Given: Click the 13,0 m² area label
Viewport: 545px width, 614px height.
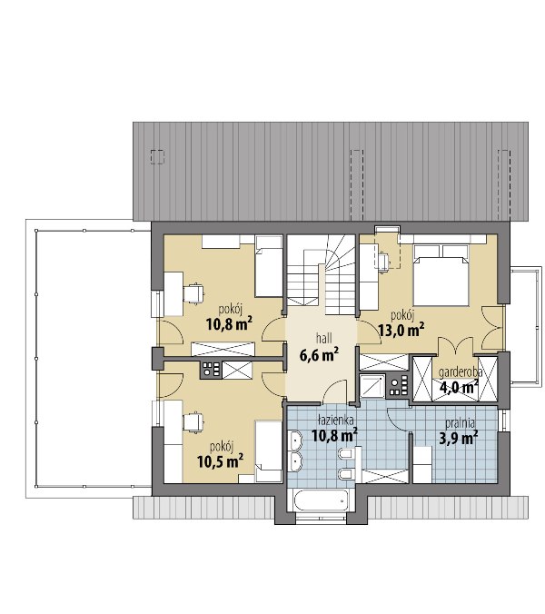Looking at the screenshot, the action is [401, 330].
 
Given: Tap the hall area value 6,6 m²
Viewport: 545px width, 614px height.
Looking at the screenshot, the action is [319, 355].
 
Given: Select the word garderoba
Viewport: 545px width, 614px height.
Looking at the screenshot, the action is [461, 372].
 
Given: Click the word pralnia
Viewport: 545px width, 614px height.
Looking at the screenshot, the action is [461, 423].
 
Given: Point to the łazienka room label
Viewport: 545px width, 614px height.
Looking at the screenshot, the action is [336, 421].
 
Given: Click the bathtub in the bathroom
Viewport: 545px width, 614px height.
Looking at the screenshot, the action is [318, 500].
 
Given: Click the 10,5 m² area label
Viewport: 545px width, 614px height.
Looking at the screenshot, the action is [221, 461].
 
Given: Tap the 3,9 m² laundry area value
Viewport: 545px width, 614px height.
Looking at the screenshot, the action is [458, 438].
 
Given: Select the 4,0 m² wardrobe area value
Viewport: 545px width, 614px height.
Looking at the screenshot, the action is [459, 388].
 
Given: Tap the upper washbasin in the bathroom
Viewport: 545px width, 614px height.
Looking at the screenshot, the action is [295, 441].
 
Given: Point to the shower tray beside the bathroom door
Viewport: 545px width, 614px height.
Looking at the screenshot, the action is [372, 387].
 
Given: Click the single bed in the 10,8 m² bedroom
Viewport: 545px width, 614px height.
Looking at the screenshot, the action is [269, 266].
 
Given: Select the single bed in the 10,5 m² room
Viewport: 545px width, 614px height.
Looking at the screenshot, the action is [269, 451].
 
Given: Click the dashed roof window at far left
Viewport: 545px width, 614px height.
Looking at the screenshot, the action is [157, 157].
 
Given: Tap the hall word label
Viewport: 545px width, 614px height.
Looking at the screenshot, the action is [324, 338].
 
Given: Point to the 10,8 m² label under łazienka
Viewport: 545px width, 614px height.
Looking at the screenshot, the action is [334, 435].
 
